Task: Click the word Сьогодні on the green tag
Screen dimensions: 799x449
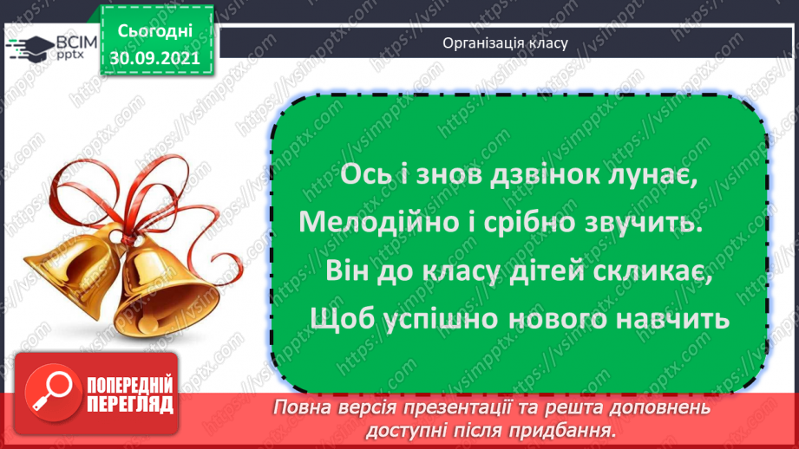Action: [x=155, y=32]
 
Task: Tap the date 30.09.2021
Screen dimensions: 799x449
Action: [x=155, y=58]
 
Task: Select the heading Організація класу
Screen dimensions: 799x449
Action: [x=505, y=43]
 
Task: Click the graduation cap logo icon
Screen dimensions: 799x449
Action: [x=30, y=49]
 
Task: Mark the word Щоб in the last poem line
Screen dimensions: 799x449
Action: [x=342, y=320]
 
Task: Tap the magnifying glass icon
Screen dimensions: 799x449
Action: [x=53, y=393]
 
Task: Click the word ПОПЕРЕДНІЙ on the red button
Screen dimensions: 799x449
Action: [x=130, y=386]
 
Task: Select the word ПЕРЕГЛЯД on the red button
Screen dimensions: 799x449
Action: [x=130, y=405]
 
